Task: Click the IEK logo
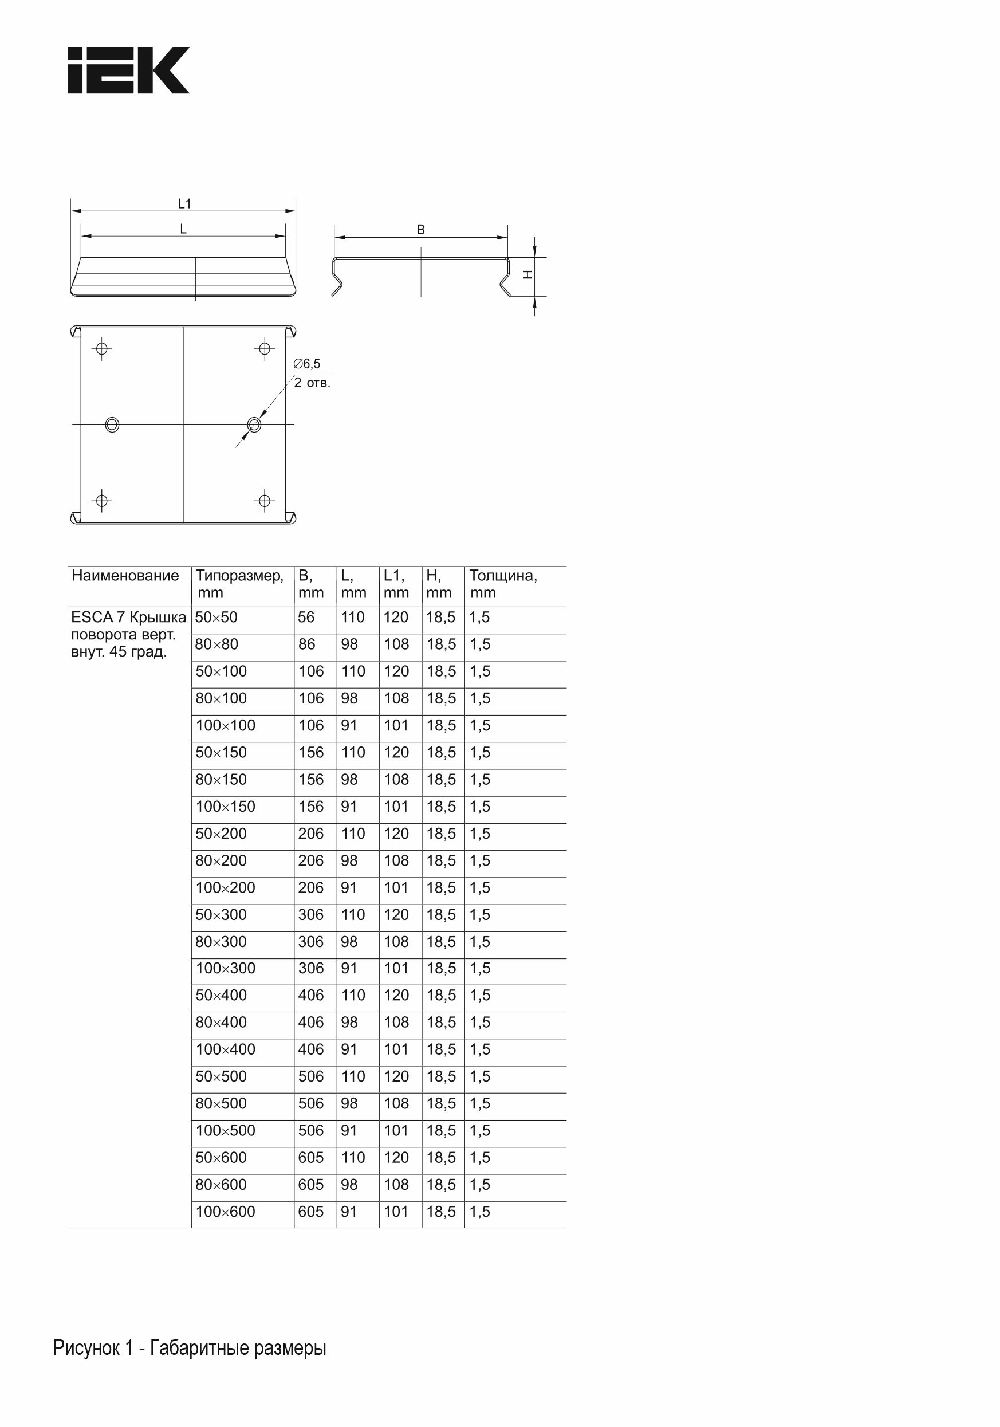click(x=128, y=70)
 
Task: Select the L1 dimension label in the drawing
click(x=184, y=204)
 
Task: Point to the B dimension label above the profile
click(x=421, y=230)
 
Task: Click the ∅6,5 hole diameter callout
click(x=307, y=364)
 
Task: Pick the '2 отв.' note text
click(x=312, y=383)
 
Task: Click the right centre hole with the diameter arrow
click(x=254, y=424)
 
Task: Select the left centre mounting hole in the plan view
click(x=112, y=424)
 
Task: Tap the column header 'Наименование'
click(x=125, y=576)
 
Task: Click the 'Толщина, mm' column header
click(x=503, y=584)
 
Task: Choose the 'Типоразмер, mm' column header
click(x=240, y=584)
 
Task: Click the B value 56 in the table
click(x=306, y=617)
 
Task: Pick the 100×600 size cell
click(x=225, y=1212)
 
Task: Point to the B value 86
click(x=306, y=644)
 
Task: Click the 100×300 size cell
click(x=225, y=968)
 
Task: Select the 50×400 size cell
click(x=221, y=995)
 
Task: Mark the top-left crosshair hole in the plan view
click(x=102, y=348)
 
